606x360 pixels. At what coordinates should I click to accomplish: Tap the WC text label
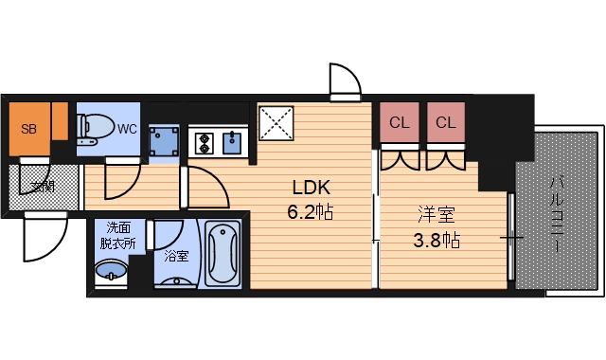tap(127, 129)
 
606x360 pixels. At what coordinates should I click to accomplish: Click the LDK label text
tap(310, 186)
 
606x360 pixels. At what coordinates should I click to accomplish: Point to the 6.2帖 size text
tap(310, 210)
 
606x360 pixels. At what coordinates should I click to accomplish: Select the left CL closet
tap(400, 123)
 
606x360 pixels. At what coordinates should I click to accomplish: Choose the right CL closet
tap(446, 123)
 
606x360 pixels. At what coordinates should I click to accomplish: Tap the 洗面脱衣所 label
tap(119, 234)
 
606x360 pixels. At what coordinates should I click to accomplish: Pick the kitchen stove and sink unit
tap(217, 143)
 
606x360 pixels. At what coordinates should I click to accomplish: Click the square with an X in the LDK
tap(277, 123)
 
